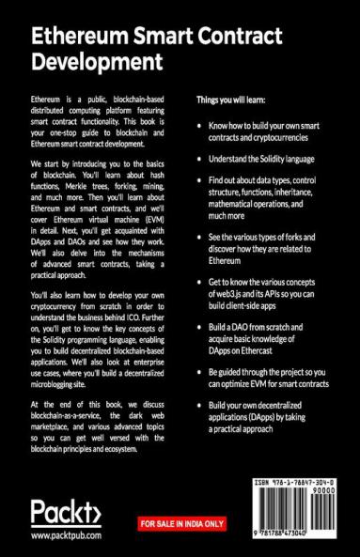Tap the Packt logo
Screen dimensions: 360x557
click(x=67, y=512)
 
